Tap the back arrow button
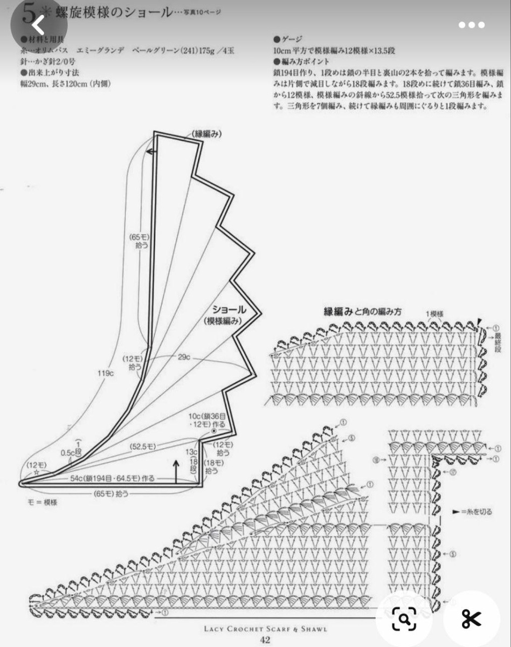coord(38,25)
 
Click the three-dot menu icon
coord(472,25)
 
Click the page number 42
coord(265,640)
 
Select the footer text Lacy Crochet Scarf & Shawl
coord(265,629)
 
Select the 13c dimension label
coord(191,451)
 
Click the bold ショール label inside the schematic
coord(229,309)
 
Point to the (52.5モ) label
coord(142,446)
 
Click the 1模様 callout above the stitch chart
coord(434,313)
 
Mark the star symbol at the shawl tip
coord(37,472)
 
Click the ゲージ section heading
coord(292,39)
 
